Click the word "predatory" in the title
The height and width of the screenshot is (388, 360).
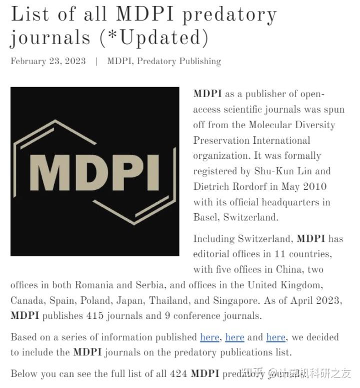[229, 15]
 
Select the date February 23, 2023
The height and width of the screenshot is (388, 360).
[48, 62]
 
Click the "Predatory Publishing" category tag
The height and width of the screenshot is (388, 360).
[178, 62]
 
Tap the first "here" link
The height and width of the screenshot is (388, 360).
[209, 337]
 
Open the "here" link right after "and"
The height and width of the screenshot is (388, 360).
[275, 337]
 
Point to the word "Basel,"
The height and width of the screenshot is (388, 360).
[206, 217]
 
